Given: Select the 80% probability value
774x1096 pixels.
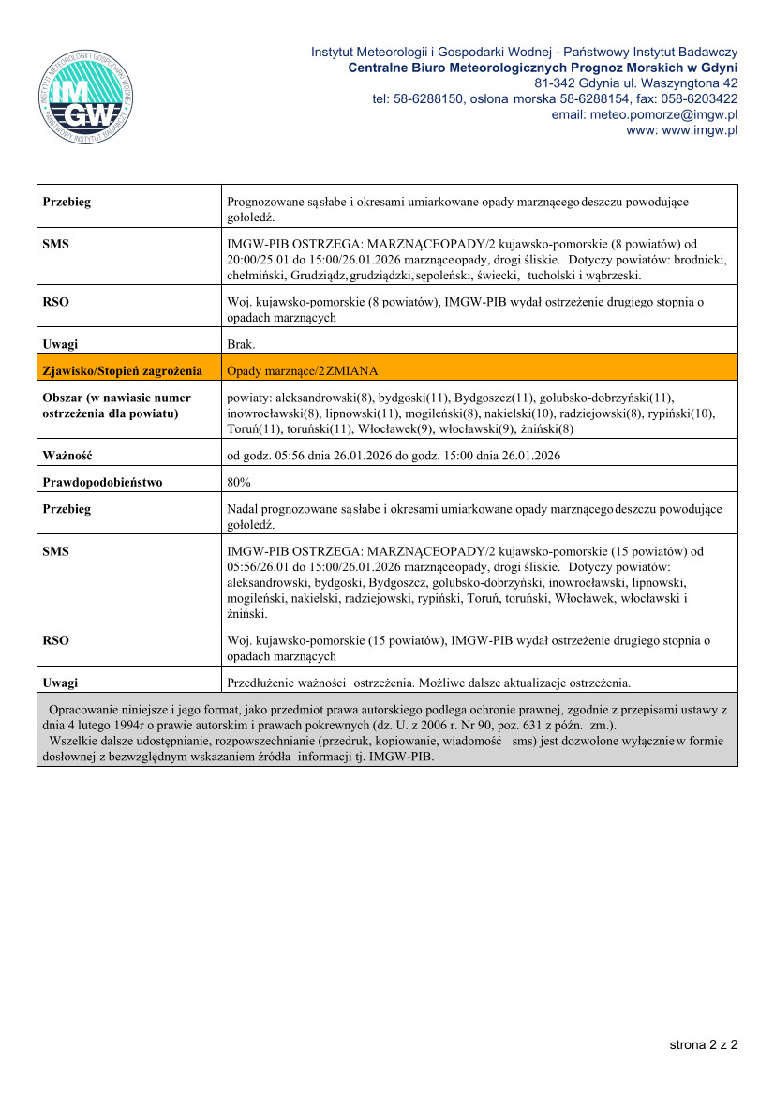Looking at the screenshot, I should click(240, 482).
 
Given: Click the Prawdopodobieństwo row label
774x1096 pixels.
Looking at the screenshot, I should click(102, 482).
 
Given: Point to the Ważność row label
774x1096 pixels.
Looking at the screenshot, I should click(67, 456).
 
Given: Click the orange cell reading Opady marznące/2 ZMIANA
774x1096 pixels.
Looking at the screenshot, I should click(303, 370).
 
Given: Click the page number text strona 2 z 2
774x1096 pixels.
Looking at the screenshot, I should click(703, 1043).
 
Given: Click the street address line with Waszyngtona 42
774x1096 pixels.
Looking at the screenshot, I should click(642, 83).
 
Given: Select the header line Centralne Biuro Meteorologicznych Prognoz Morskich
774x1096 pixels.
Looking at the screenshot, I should click(542, 68).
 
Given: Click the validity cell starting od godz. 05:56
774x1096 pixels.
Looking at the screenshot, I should click(394, 456).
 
